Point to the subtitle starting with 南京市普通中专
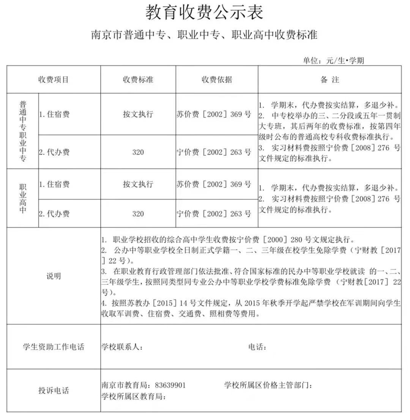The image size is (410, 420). pyautogui.click(x=204, y=35)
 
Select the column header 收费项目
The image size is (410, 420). pyautogui.click(x=54, y=80)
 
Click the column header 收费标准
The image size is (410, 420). pyautogui.click(x=138, y=80)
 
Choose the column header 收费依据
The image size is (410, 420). pyautogui.click(x=217, y=80)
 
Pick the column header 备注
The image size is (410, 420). pyautogui.click(x=330, y=80)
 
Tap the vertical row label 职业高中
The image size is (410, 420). pyautogui.click(x=23, y=199)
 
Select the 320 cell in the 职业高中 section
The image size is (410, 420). pyautogui.click(x=138, y=214)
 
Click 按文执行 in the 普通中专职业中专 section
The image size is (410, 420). pyautogui.click(x=138, y=114)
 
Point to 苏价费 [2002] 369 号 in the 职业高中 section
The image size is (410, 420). pyautogui.click(x=214, y=185)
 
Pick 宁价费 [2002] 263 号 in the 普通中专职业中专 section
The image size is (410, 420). pyautogui.click(x=214, y=152)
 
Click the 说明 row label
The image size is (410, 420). pyautogui.click(x=54, y=276)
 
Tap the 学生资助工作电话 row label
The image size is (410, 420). pyautogui.click(x=54, y=347)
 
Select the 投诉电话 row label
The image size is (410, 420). pyautogui.click(x=54, y=390)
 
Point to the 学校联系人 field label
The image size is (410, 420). pyautogui.click(x=122, y=347)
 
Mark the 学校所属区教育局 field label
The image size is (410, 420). pyautogui.click(x=134, y=396)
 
